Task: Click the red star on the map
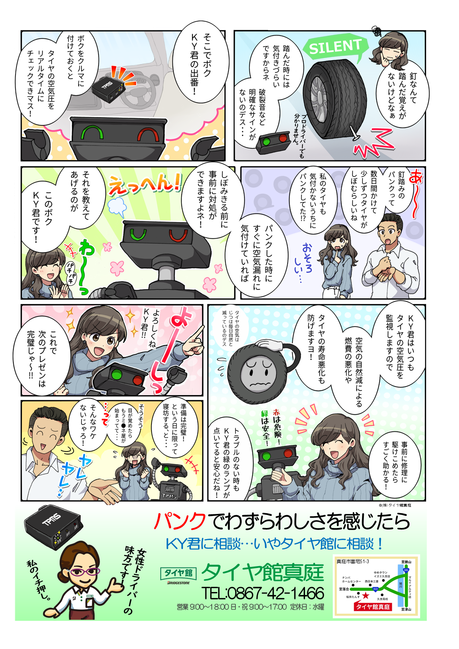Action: click(x=366, y=595)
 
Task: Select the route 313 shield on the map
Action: click(x=375, y=589)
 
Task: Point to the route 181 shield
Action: click(x=406, y=570)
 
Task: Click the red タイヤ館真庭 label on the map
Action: click(x=373, y=607)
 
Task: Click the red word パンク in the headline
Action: click(x=180, y=522)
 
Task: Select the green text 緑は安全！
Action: click(x=265, y=426)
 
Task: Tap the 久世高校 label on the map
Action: click(x=382, y=598)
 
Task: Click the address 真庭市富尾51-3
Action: click(x=352, y=561)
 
